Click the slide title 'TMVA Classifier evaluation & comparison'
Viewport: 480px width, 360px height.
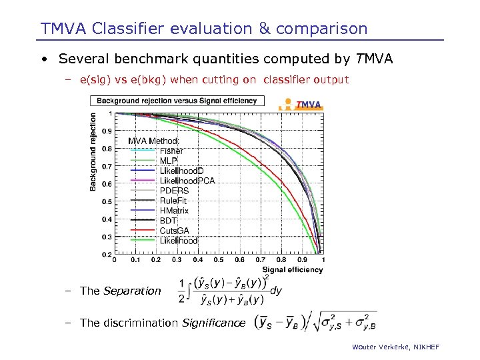204,29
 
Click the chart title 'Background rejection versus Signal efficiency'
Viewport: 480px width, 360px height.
177,101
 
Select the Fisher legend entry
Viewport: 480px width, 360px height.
171,151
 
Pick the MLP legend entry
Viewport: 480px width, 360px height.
168,161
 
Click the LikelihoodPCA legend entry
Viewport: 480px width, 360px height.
187,181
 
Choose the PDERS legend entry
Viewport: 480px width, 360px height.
174,191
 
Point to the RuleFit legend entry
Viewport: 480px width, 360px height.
173,201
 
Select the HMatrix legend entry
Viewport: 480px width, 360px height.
174,211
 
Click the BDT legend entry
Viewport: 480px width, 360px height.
168,221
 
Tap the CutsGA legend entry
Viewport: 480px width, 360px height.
174,231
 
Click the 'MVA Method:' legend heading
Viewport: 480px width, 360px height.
153,141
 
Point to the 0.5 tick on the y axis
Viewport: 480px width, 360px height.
107,202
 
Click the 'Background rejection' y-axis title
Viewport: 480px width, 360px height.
93,152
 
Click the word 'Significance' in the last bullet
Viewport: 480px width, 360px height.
214,323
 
